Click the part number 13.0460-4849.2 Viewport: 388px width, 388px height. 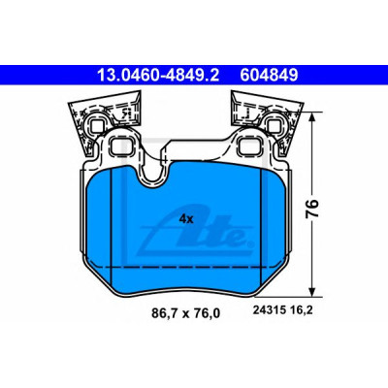pyautogui.click(x=158, y=76)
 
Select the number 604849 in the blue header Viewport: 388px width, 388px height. pyautogui.click(x=269, y=76)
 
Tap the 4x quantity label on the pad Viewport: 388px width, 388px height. pyautogui.click(x=186, y=219)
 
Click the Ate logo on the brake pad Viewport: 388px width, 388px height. pyautogui.click(x=194, y=232)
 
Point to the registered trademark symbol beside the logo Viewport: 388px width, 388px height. pyautogui.click(x=249, y=244)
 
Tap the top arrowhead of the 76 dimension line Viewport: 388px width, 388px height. pyautogui.click(x=312, y=116)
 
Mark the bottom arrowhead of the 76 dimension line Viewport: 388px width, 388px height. pyautogui.click(x=312, y=292)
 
